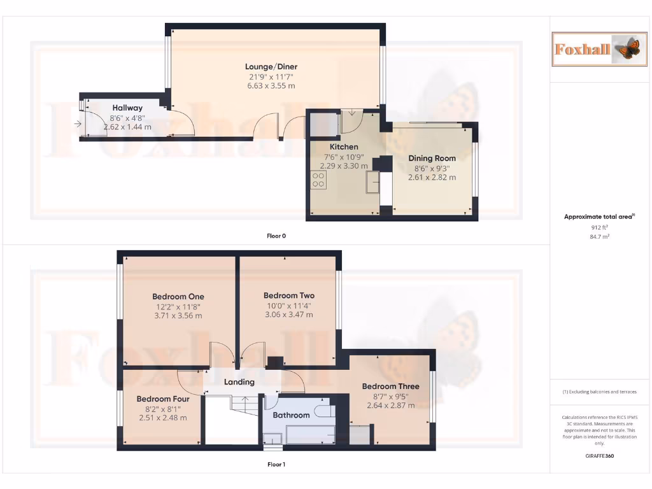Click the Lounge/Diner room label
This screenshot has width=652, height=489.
point(271,67)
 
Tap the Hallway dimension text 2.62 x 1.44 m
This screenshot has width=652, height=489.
point(127,127)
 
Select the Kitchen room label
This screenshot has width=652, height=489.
point(344,147)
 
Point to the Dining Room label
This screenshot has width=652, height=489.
point(432,159)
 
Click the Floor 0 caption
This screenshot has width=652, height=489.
point(276,236)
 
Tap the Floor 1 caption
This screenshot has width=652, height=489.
point(276,465)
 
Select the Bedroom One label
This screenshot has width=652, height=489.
point(178,297)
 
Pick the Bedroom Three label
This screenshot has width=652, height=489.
point(390,386)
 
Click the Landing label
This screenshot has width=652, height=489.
point(239,382)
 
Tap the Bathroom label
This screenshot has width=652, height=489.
point(291,415)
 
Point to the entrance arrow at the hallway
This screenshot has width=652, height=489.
point(78,124)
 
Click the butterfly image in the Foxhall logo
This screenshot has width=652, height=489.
point(625,49)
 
